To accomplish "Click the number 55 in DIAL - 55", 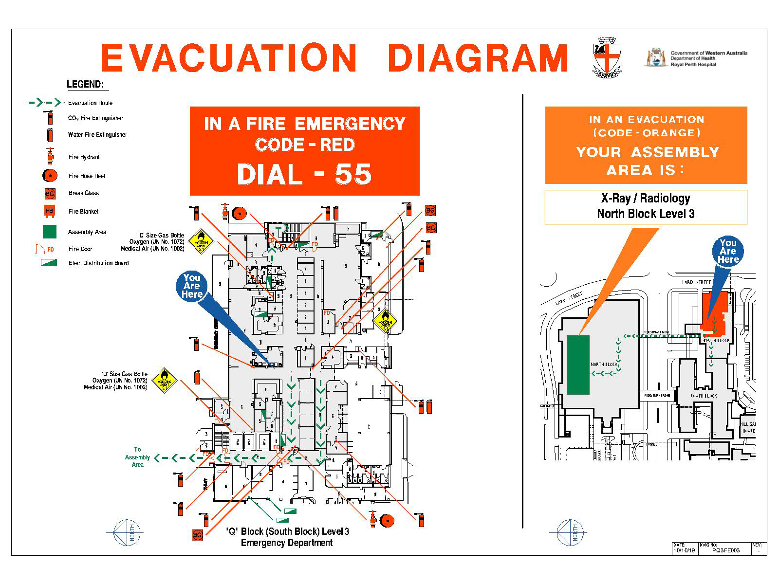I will (353, 174).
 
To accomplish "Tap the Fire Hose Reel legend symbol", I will (50, 176).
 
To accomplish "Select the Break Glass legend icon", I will (50, 194).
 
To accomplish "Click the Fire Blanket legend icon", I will (50, 211).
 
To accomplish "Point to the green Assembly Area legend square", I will (50, 232).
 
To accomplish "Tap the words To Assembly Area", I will (137, 457).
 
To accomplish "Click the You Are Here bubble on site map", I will (728, 251).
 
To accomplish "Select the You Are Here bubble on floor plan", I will (192, 286).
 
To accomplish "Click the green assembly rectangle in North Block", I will (578, 365).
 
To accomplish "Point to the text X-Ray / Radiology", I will (646, 198).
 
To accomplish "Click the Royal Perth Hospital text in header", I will (693, 64).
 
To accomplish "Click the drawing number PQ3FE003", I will (725, 550).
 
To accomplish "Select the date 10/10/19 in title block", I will (684, 550).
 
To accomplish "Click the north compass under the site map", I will (570, 532).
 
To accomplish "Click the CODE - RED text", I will (305, 145).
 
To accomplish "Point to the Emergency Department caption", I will (287, 543).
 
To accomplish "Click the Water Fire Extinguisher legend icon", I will (49, 135).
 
